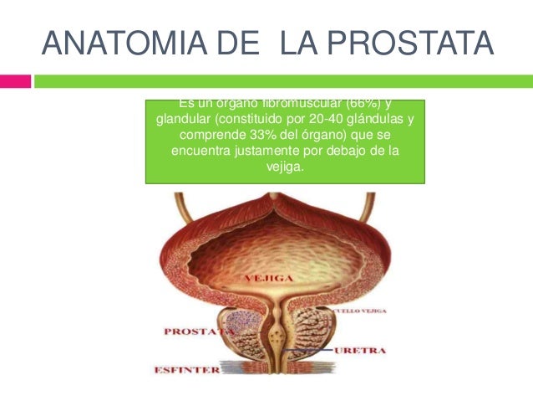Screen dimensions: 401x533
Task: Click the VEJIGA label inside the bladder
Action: (267, 277)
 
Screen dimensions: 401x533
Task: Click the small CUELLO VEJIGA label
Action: (358, 311)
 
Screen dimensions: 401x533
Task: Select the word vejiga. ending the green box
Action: (285, 166)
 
